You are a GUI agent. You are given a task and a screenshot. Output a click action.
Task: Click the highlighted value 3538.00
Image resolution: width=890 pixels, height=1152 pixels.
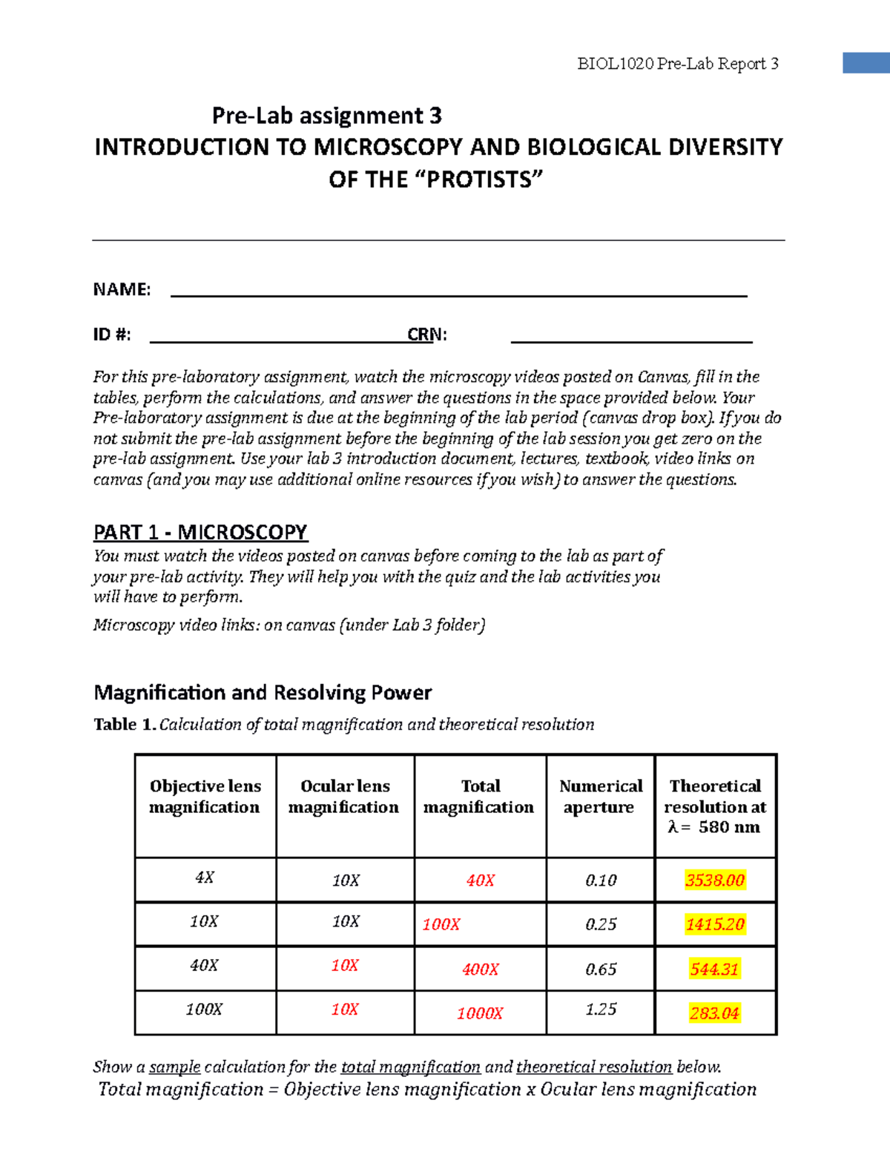click(x=714, y=881)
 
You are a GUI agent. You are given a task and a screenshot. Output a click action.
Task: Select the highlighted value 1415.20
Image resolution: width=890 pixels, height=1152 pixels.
click(x=714, y=924)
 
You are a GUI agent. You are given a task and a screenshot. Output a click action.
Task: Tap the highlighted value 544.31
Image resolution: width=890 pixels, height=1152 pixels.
click(x=714, y=969)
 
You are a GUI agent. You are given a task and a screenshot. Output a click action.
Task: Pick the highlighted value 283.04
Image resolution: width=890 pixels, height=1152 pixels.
click(x=714, y=1013)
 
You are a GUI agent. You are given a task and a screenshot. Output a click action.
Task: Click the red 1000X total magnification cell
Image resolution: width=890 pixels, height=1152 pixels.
click(x=480, y=1013)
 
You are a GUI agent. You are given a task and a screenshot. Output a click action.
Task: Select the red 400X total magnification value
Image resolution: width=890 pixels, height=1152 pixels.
click(x=480, y=970)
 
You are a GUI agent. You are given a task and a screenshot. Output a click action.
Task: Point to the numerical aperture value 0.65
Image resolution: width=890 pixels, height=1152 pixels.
click(x=601, y=970)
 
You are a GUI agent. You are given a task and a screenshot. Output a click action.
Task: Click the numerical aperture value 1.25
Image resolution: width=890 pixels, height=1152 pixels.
click(x=601, y=1010)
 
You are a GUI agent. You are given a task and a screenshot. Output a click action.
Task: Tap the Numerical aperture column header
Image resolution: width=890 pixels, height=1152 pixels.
click(x=601, y=797)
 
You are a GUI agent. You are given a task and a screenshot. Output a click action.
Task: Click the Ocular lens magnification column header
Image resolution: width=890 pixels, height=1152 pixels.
click(x=344, y=797)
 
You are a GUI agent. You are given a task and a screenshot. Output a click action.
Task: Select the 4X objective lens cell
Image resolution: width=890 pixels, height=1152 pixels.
click(x=205, y=878)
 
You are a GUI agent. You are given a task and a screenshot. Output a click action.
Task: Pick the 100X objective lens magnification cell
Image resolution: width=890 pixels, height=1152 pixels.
click(x=204, y=1010)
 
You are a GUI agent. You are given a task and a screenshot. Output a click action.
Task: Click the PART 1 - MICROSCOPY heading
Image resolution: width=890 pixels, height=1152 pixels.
click(x=200, y=533)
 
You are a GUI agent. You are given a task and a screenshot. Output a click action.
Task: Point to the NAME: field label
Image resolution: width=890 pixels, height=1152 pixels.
click(x=122, y=290)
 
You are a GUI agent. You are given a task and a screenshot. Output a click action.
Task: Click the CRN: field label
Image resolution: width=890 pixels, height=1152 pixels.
click(x=427, y=335)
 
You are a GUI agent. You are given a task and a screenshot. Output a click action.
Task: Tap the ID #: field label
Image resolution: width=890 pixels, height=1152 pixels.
click(x=112, y=335)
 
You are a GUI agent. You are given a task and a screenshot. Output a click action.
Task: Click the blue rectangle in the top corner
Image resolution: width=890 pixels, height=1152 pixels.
click(x=866, y=63)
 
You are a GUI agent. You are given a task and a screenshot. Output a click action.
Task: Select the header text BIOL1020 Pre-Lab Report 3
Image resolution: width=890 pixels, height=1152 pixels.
click(x=677, y=65)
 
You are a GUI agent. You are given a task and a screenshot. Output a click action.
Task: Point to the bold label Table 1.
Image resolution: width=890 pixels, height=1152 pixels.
click(x=124, y=725)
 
